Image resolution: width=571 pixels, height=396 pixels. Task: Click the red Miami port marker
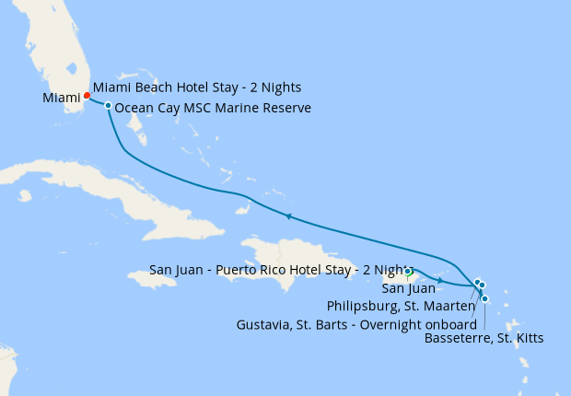point(87,95)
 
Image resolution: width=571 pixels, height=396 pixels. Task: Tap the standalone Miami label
point(61,98)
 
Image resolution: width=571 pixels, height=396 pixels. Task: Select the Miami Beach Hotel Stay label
point(197,87)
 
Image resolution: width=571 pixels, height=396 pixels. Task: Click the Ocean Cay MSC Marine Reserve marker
point(109,106)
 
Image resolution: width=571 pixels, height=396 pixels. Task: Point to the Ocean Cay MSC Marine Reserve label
point(213,109)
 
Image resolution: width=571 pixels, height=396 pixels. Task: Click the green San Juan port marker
point(408,272)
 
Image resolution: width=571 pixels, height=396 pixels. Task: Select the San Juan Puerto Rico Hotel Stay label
point(276,270)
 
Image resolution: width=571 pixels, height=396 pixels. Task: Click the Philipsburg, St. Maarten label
point(401,305)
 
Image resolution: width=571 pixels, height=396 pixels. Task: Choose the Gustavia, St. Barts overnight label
point(355,324)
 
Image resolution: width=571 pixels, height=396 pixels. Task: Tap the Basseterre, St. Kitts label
point(484,338)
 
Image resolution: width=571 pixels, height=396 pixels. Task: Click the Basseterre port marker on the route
point(485,298)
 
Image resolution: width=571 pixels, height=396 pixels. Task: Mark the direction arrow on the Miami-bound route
point(288,217)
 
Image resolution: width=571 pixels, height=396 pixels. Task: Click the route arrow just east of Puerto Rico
point(441,280)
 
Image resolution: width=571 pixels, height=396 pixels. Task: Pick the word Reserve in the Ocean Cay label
point(286,109)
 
